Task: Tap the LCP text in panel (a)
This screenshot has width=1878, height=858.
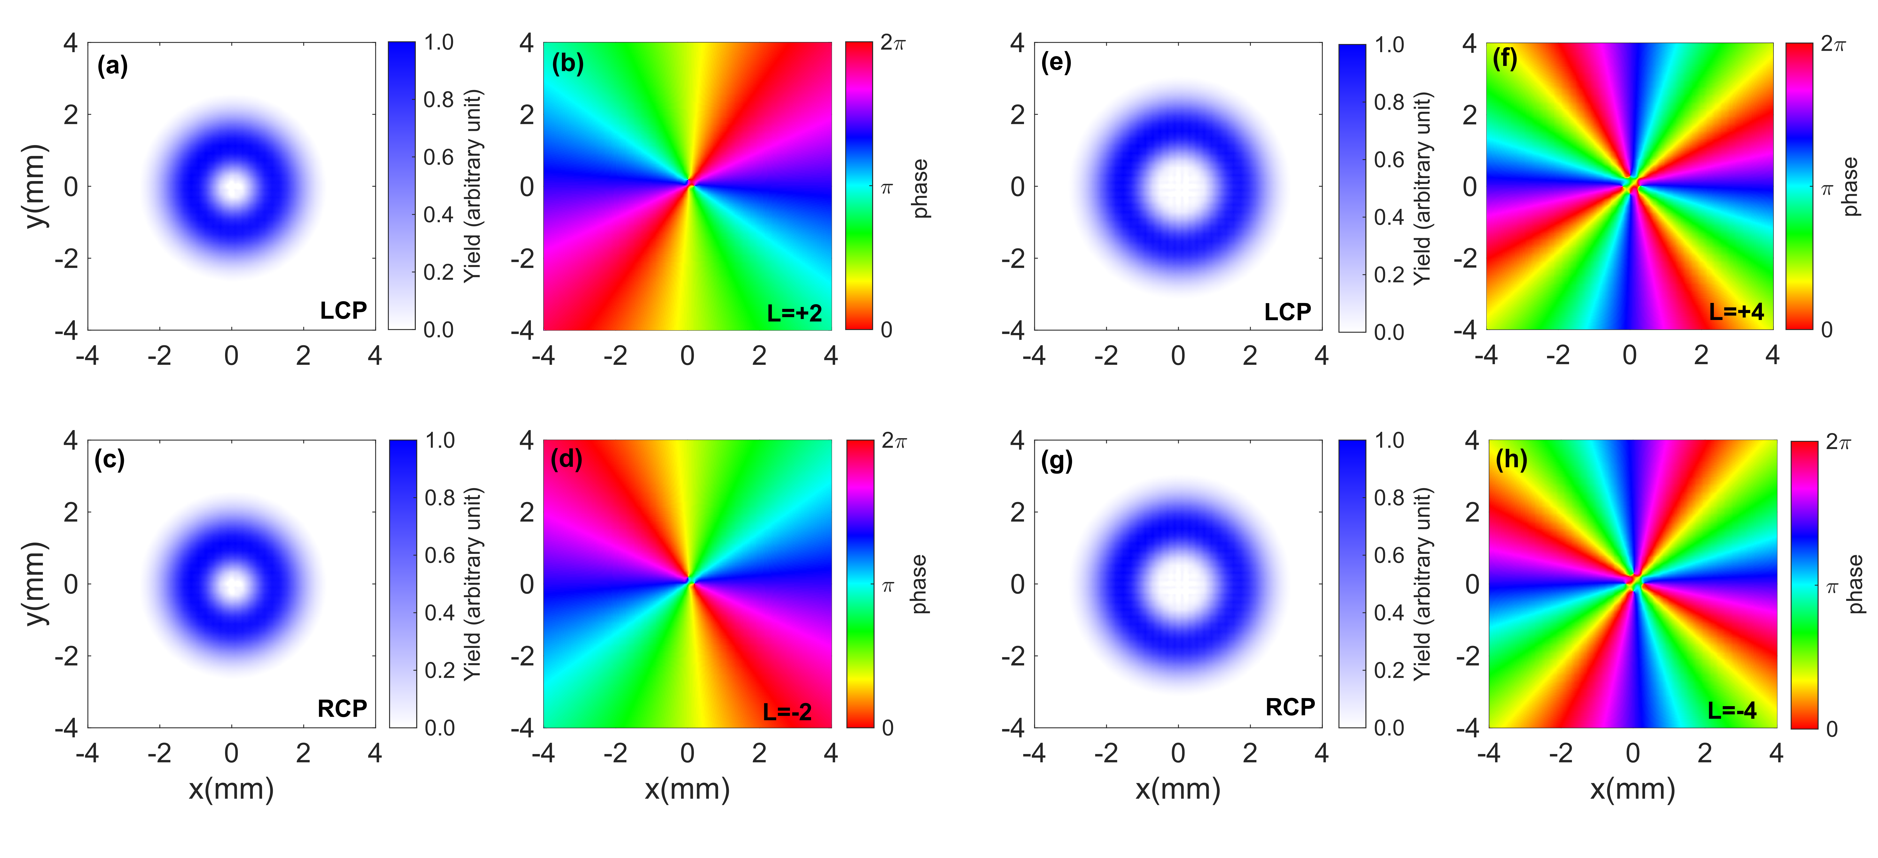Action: point(343,311)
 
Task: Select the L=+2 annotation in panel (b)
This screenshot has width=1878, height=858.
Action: point(794,313)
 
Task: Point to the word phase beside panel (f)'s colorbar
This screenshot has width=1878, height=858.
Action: point(1850,187)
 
